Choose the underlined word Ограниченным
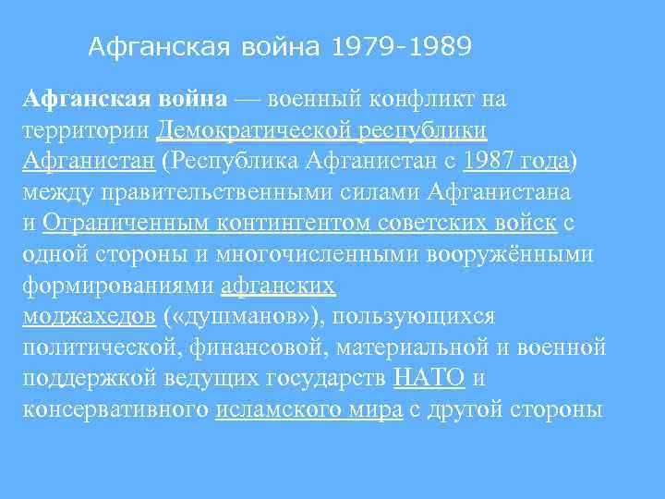click(125, 223)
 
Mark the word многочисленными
click(296, 254)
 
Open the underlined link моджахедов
click(88, 317)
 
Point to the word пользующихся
click(415, 317)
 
